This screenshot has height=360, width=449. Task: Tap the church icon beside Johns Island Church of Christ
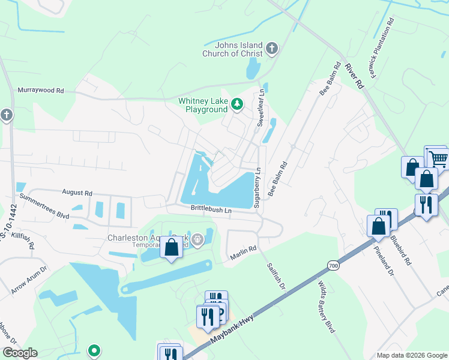272,48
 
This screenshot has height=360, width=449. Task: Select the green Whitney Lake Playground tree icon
237,105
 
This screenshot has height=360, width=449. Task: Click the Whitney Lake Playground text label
203,105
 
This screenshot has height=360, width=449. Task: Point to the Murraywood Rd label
41,90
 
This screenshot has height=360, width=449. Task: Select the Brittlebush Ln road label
211,209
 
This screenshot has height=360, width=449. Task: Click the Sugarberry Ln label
257,187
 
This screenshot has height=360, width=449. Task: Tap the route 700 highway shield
333,265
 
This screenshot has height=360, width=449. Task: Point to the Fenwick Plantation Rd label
382,43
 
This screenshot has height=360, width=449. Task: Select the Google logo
20,353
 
